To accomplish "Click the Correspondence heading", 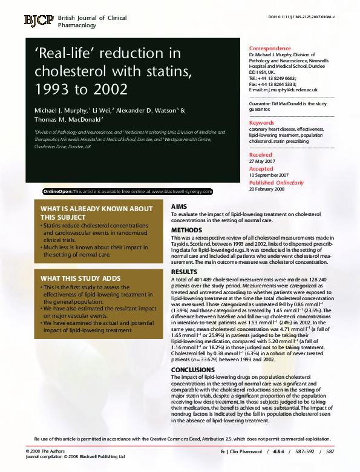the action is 270,48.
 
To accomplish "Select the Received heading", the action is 261,156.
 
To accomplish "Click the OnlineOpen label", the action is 58,191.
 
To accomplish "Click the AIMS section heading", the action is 178,207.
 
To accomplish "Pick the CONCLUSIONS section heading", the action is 192,369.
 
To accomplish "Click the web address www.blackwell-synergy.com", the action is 182,191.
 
